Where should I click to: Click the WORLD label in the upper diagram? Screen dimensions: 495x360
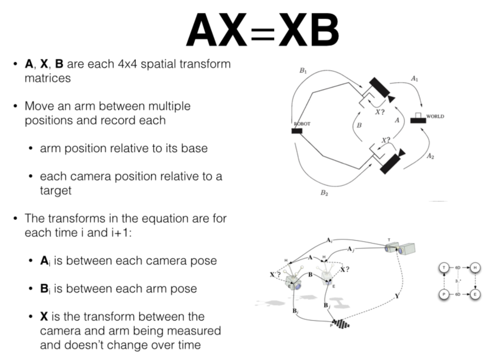pyautogui.click(x=435, y=116)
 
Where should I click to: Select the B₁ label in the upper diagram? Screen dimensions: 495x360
pyautogui.click(x=303, y=71)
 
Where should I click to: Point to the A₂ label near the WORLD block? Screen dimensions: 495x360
pyautogui.click(x=430, y=156)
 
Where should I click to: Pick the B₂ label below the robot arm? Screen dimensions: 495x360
pyautogui.click(x=324, y=193)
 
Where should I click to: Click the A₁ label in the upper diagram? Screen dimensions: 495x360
pyautogui.click(x=414, y=79)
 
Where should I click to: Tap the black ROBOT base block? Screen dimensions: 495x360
pyautogui.click(x=297, y=131)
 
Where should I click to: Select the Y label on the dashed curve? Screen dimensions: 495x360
pyautogui.click(x=396, y=296)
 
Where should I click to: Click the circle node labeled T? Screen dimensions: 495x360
pyautogui.click(x=444, y=267)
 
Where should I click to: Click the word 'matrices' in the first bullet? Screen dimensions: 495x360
pyautogui.click(x=48, y=78)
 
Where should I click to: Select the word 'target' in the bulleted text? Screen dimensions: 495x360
pyautogui.click(x=55, y=190)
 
